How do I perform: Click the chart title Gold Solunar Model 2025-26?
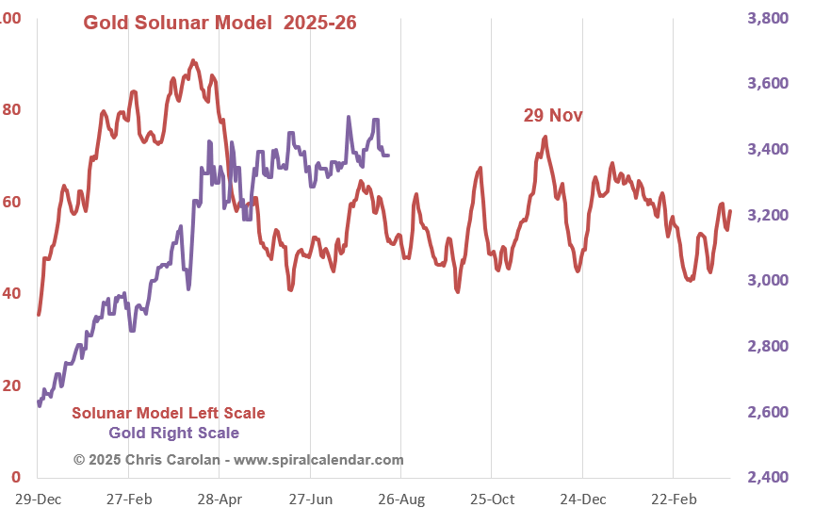(x=220, y=23)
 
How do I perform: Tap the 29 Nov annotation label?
(x=553, y=115)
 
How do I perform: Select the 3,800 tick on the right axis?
(x=769, y=18)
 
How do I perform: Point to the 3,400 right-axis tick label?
(x=769, y=150)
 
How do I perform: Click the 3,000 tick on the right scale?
(x=769, y=281)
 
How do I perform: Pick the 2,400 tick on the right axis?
(x=769, y=478)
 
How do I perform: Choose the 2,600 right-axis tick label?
(x=769, y=412)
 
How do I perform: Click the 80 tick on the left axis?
(x=11, y=109)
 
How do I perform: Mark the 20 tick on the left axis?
(x=11, y=385)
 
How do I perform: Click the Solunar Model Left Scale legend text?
(x=169, y=413)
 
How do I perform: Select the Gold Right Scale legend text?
(x=173, y=433)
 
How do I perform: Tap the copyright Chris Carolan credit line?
(x=238, y=460)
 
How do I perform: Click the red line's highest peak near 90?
(x=193, y=61)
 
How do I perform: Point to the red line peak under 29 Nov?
(x=545, y=138)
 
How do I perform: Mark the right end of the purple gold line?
(x=389, y=156)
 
